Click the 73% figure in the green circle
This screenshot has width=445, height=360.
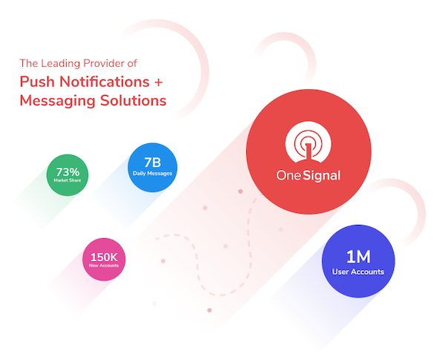coord(67,172)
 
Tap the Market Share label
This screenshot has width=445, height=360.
coord(67,180)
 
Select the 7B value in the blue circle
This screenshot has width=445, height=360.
coord(152,163)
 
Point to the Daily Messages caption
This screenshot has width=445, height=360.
coord(152,174)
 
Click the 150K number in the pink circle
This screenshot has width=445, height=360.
coord(104,257)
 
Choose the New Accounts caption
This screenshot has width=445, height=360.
coord(104,266)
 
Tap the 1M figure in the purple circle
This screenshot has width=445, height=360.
coord(358,257)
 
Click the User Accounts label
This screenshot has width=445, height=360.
coord(358,272)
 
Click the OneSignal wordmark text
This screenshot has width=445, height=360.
coord(309,176)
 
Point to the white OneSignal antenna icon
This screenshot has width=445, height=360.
coord(309,142)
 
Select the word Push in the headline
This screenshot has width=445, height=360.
coord(37,82)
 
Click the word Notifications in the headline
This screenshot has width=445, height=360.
coord(105,82)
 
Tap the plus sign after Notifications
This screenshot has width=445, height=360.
coord(159,82)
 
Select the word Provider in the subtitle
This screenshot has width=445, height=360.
coord(104,63)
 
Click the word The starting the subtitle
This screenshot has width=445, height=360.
coord(29,63)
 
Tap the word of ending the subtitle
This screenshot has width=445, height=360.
coord(132,63)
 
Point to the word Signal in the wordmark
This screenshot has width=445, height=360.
coord(322,176)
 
